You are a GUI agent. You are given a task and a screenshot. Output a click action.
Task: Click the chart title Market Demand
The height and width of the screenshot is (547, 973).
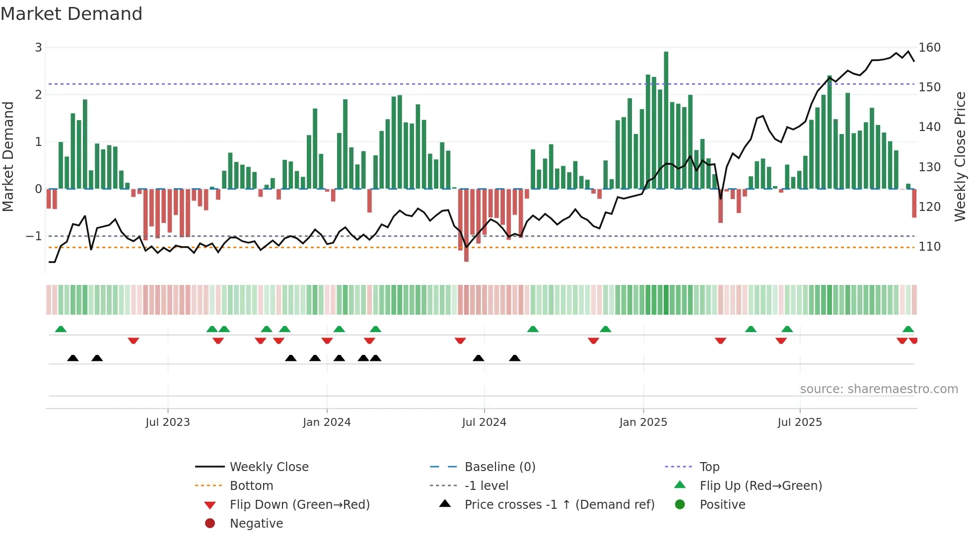pos(71,14)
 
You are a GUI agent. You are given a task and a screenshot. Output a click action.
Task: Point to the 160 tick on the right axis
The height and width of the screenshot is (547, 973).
pos(929,48)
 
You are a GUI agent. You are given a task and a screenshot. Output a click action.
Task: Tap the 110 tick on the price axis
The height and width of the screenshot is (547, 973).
pos(929,247)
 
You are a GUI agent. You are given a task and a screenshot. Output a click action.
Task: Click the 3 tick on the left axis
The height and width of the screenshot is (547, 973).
pos(38,48)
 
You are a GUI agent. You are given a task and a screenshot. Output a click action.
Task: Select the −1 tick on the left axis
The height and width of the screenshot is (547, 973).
pos(34,236)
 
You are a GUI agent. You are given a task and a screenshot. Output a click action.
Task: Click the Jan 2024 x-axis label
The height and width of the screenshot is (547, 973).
pos(327,422)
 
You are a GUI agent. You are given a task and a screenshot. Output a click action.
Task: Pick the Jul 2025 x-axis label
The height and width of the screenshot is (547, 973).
pos(799,422)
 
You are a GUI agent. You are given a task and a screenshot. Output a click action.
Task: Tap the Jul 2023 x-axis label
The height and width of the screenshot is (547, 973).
pos(167,422)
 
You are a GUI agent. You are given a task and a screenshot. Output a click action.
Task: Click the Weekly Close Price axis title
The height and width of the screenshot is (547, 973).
pos(960,156)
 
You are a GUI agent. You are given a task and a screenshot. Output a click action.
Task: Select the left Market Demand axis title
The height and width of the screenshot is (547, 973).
pos(8,156)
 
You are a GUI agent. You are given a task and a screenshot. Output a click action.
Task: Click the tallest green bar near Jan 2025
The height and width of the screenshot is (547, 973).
pos(666,119)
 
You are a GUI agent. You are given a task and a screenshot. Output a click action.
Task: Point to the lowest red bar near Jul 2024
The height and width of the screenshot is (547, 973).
pos(466,226)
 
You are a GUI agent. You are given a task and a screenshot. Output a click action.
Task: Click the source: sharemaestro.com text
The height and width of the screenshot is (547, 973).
pos(879,389)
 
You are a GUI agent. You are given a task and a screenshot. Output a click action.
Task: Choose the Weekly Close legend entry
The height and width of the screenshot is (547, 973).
pos(269,467)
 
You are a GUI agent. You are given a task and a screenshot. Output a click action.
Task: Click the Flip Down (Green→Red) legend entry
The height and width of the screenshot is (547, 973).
pos(299,505)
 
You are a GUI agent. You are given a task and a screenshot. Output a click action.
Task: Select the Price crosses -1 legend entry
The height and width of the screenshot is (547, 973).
pos(559,505)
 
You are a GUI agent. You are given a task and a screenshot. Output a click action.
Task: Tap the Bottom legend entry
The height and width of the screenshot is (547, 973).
pos(251,486)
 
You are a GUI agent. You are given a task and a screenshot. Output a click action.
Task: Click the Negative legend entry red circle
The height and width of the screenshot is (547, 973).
pos(210,524)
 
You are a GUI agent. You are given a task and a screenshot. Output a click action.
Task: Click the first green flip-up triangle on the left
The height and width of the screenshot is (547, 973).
pos(61,329)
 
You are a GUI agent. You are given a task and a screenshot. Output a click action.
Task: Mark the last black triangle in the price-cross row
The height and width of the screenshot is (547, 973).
pos(515,358)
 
